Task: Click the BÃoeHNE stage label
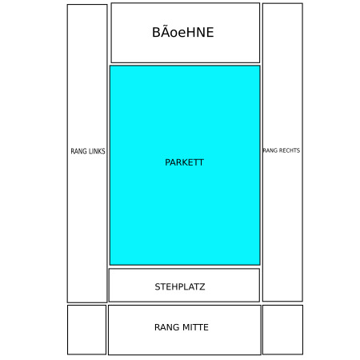tap(183, 32)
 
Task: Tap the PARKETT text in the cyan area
tap(184, 162)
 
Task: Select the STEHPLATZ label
tap(180, 286)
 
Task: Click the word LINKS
tap(97, 151)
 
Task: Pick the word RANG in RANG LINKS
tap(78, 151)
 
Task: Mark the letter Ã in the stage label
tap(165, 31)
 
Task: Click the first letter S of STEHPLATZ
tap(158, 286)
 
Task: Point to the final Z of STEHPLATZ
tap(202, 286)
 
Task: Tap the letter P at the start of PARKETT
tap(167, 162)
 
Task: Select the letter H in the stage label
tap(192, 32)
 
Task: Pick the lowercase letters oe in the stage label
tap(178, 34)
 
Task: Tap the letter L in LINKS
tap(90, 151)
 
